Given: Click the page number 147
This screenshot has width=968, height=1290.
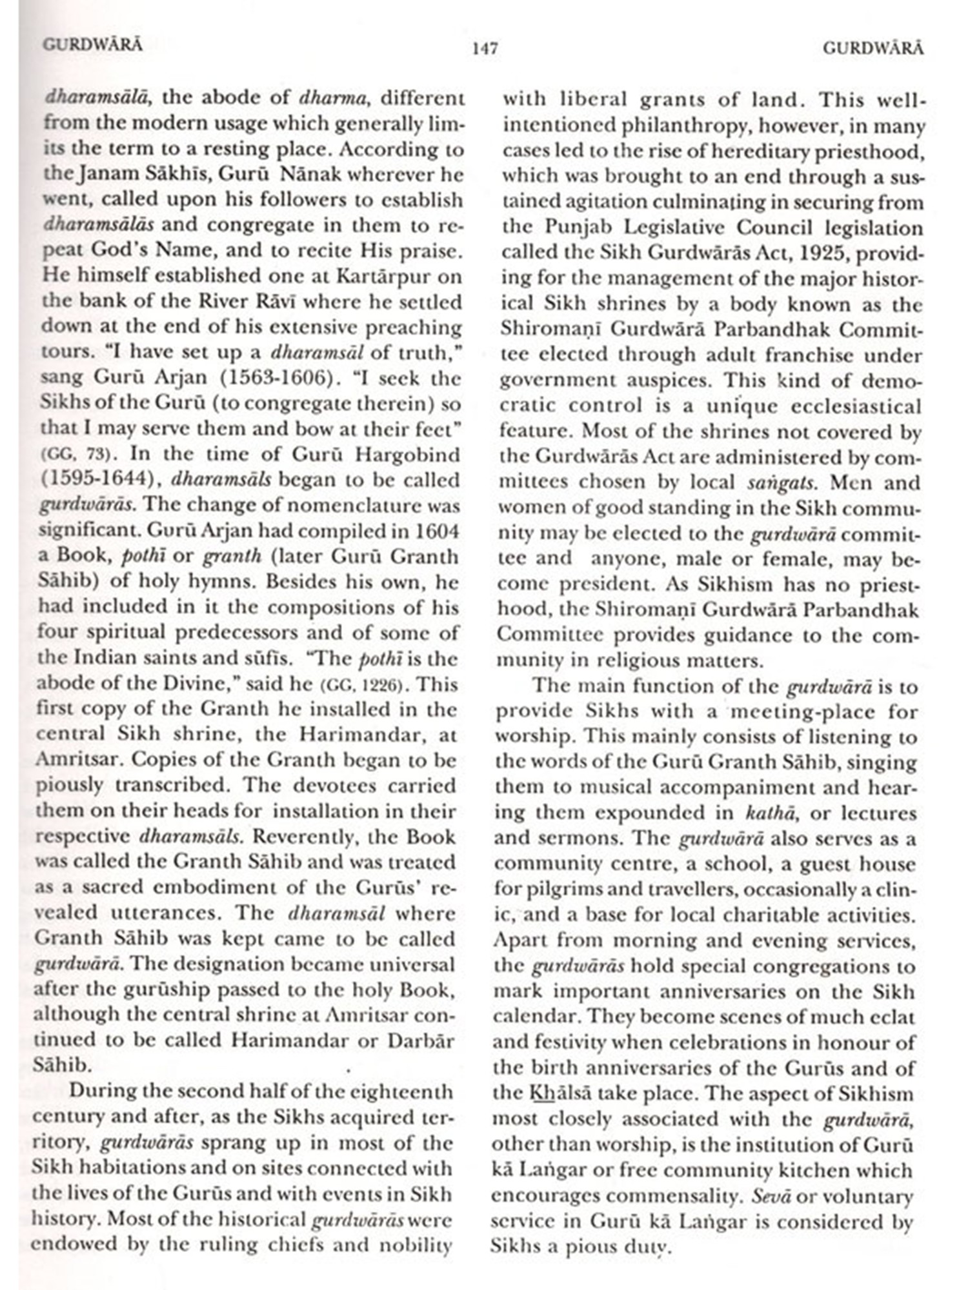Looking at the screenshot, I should coord(485,49).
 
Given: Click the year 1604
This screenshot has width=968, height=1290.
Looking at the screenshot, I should coord(437,531).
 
